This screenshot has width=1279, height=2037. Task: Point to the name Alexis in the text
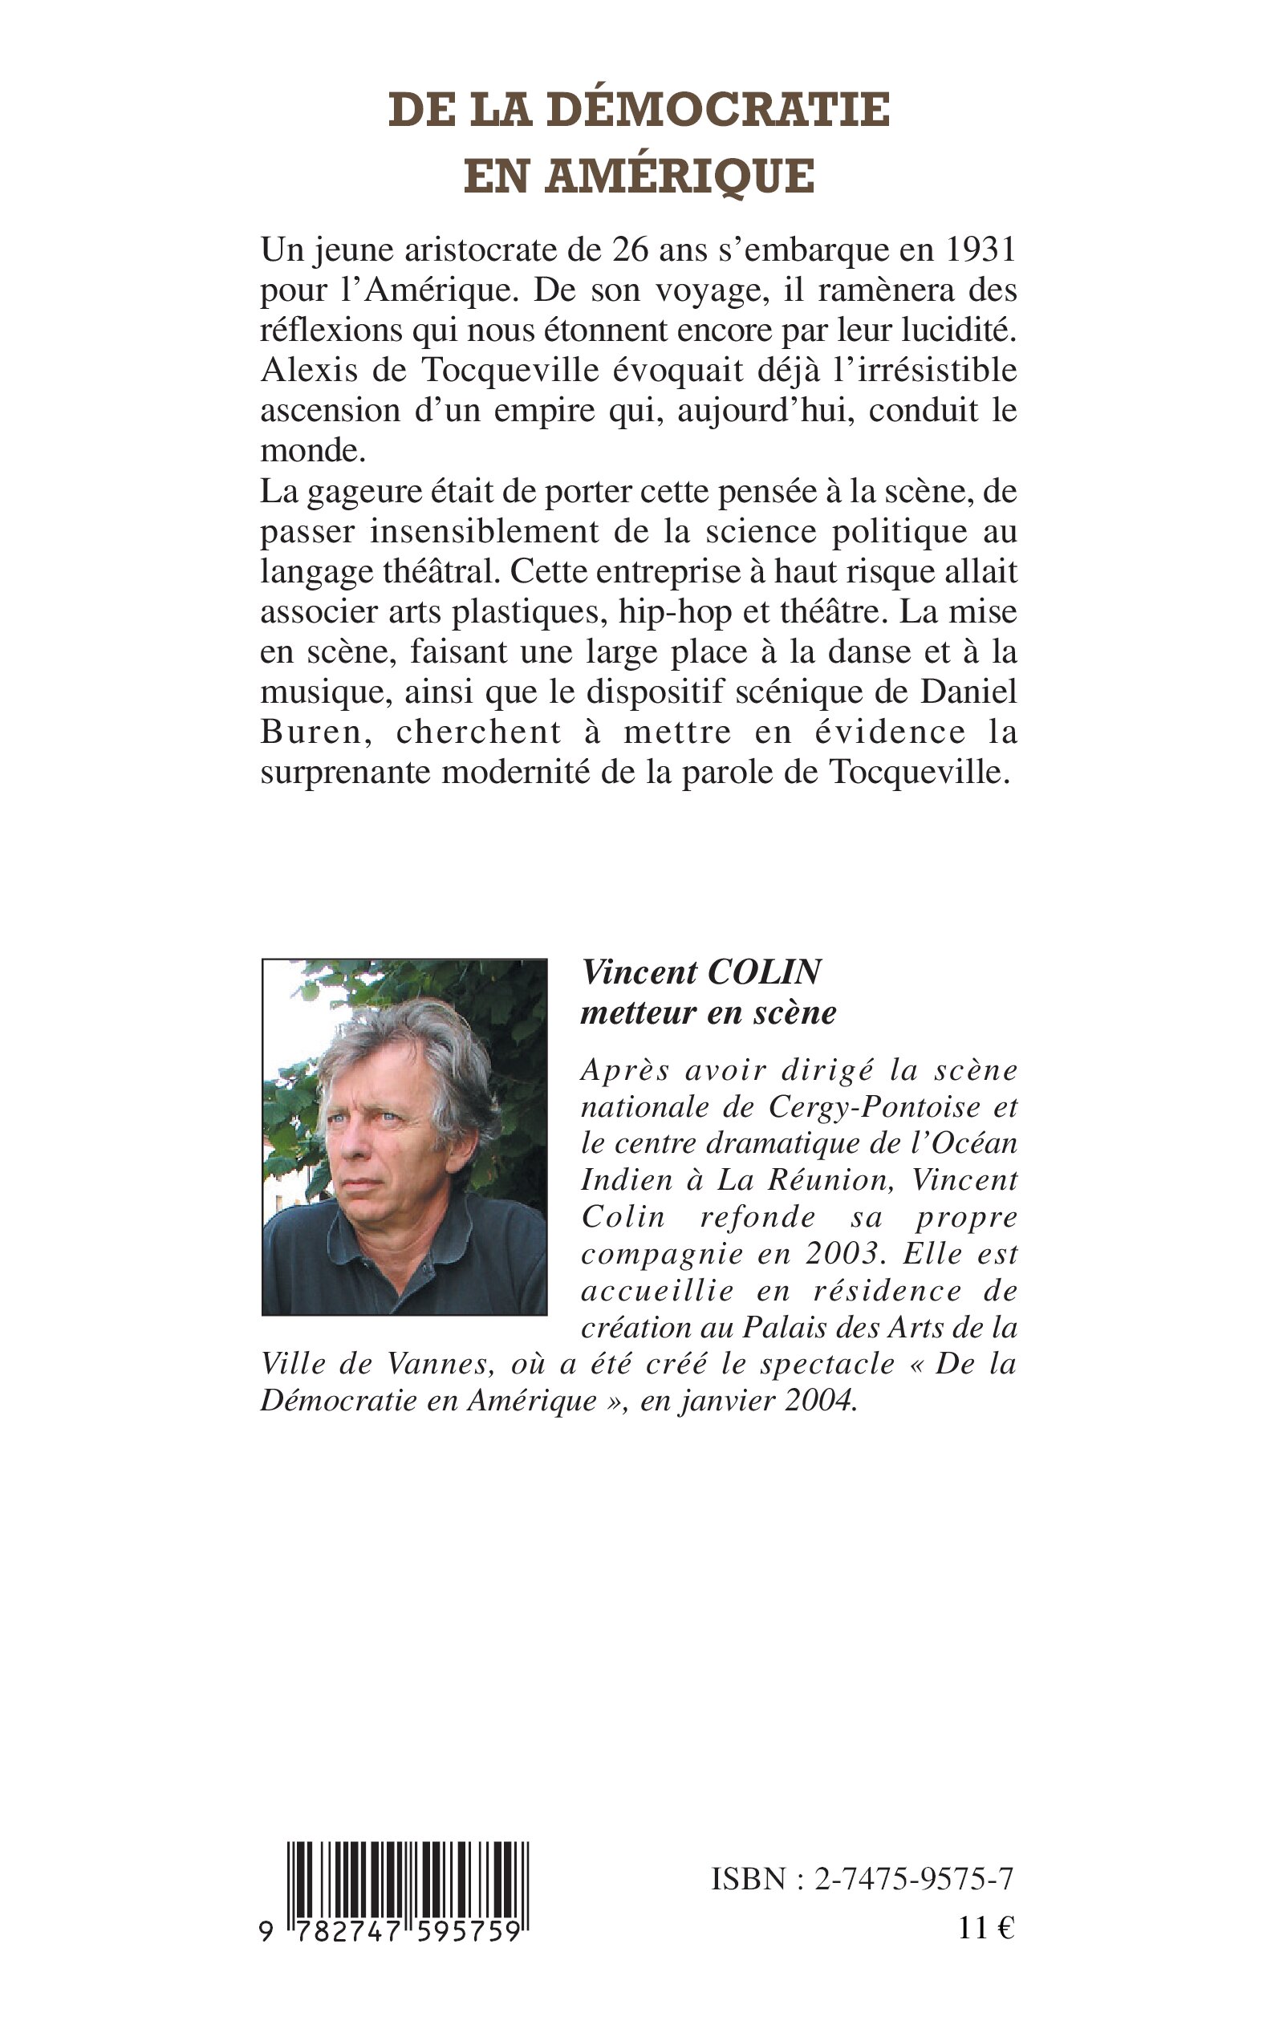coord(302,371)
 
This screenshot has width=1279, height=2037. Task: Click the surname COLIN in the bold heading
coord(762,972)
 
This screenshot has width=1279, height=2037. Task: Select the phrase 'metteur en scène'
coord(708,1012)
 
